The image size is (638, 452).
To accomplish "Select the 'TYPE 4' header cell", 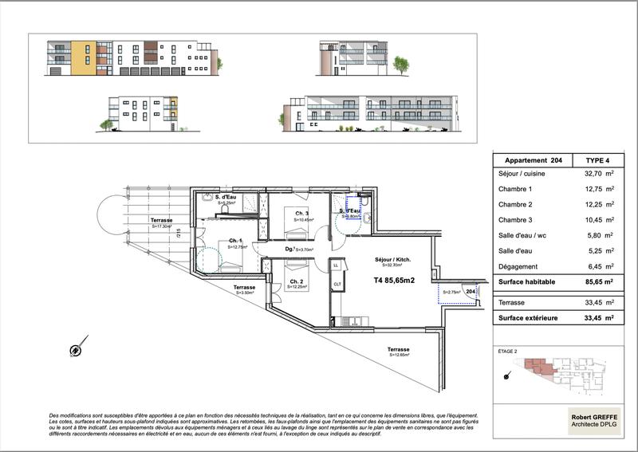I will [595, 160].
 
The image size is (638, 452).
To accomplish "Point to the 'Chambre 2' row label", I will [515, 205].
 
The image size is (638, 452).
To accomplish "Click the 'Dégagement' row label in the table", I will [518, 266].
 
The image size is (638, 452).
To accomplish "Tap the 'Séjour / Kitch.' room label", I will [392, 260].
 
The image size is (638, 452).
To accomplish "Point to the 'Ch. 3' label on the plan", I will [301, 214].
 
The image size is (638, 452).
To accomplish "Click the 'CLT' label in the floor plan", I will [337, 284].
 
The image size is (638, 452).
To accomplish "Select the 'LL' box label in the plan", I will [336, 265].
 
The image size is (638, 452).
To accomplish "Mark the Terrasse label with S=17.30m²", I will [163, 221].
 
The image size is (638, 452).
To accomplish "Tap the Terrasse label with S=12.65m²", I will [399, 350].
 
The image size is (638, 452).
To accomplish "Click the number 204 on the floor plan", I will [471, 293].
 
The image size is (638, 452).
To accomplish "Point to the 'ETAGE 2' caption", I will [507, 352].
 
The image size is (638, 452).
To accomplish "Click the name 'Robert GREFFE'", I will [593, 415].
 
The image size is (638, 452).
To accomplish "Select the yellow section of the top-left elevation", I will [83, 57].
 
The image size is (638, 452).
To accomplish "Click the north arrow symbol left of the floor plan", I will [76, 349].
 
